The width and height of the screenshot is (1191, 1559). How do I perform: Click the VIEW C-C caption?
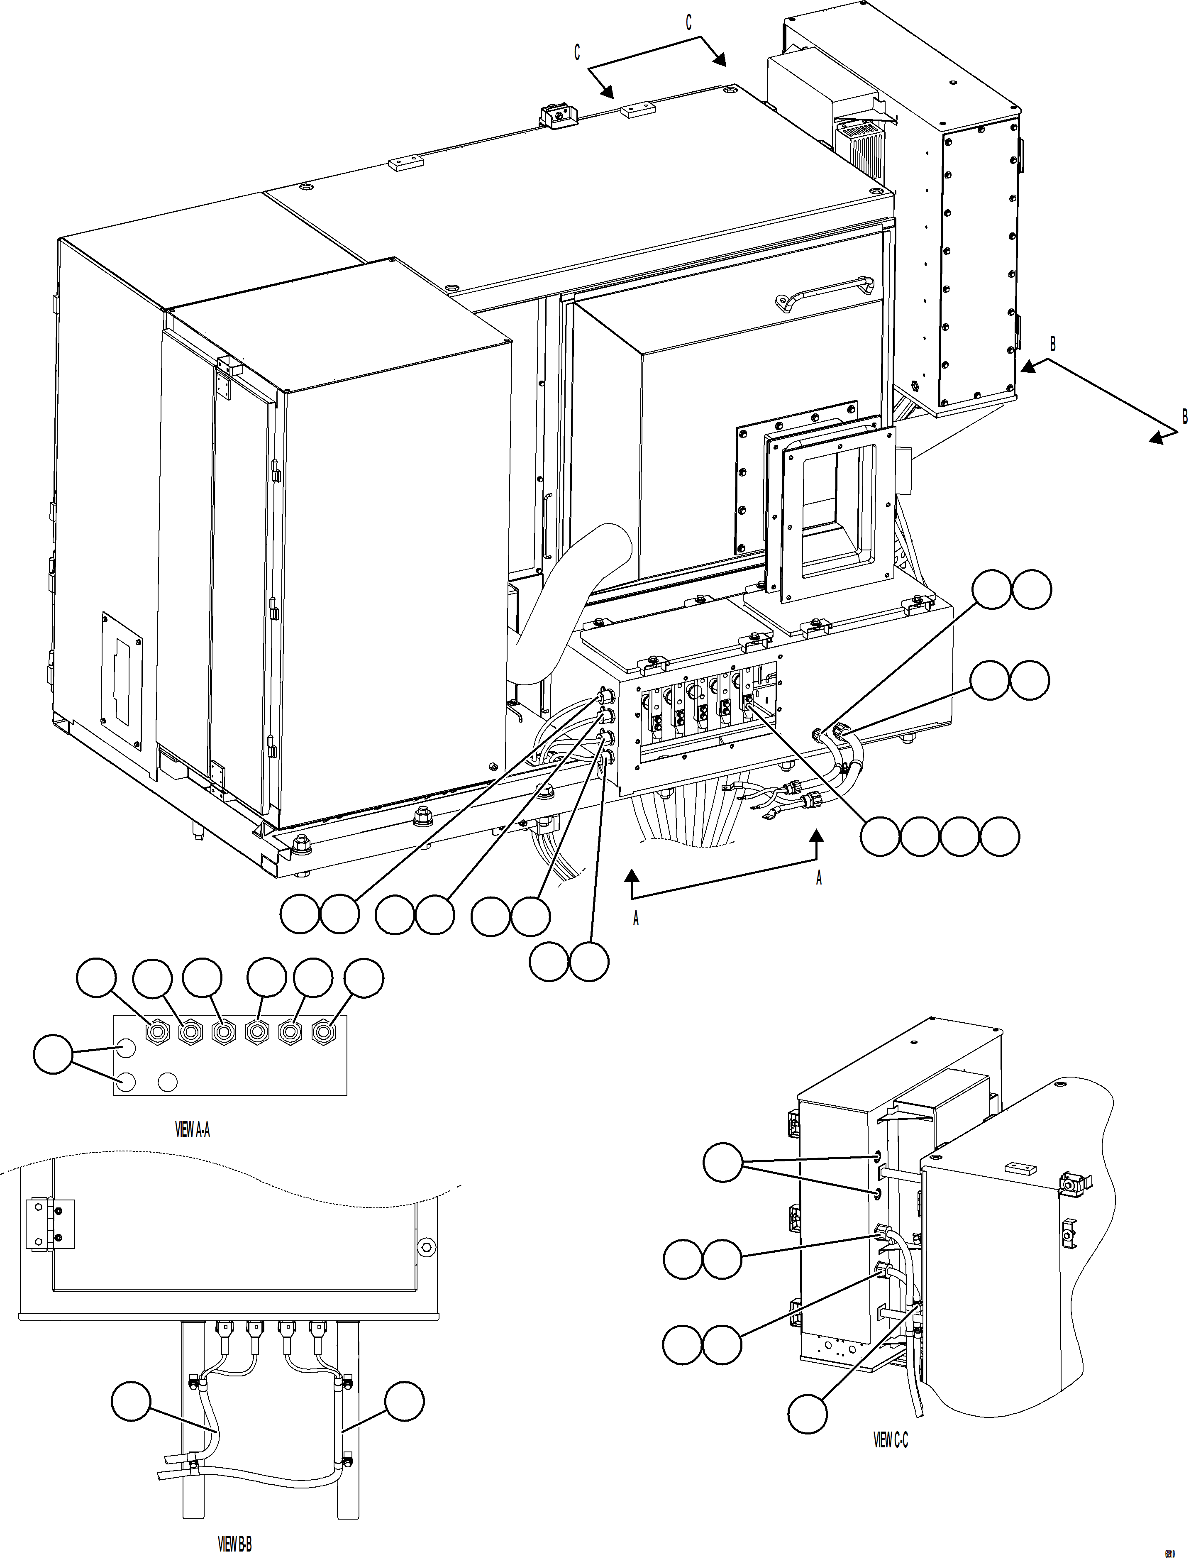click(x=891, y=1440)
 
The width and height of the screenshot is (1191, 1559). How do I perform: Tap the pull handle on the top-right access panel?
click(x=825, y=291)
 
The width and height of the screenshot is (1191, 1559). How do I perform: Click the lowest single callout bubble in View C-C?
click(x=808, y=1414)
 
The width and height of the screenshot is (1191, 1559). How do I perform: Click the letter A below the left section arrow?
click(x=636, y=919)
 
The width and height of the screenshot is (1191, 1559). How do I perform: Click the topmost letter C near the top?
click(x=688, y=23)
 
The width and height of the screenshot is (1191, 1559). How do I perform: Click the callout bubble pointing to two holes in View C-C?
click(x=722, y=1162)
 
